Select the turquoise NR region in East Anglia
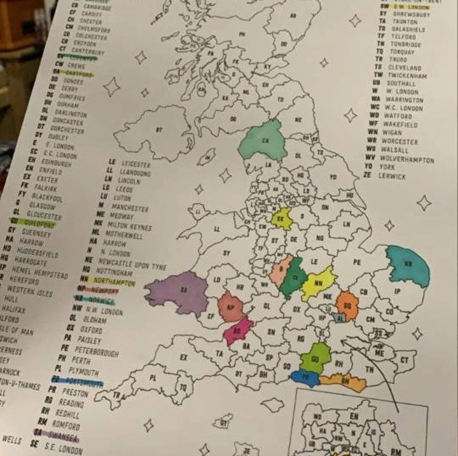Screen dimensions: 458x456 pos(408,266)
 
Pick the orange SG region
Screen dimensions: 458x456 pos(347,305)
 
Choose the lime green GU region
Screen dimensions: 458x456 pos(316,357)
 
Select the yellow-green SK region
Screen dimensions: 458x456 pos(282,218)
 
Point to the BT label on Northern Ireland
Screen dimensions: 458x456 pos(158,131)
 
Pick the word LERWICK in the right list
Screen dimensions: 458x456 pos(392,176)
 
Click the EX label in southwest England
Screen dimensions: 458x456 pos(183,357)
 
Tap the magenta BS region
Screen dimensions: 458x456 pos(238,329)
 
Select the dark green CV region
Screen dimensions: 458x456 pos(294,278)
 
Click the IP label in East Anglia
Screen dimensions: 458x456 pos(396,292)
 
